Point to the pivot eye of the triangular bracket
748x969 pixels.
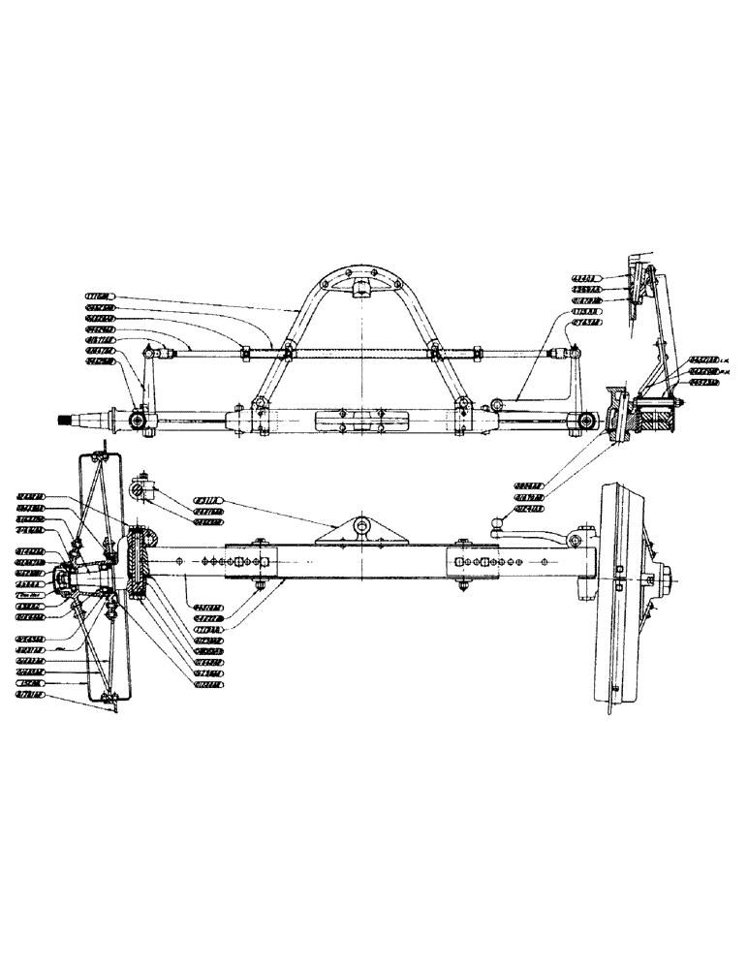pos(363,526)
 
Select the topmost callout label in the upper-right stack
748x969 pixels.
pos(587,278)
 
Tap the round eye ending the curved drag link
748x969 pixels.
pos(497,403)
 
